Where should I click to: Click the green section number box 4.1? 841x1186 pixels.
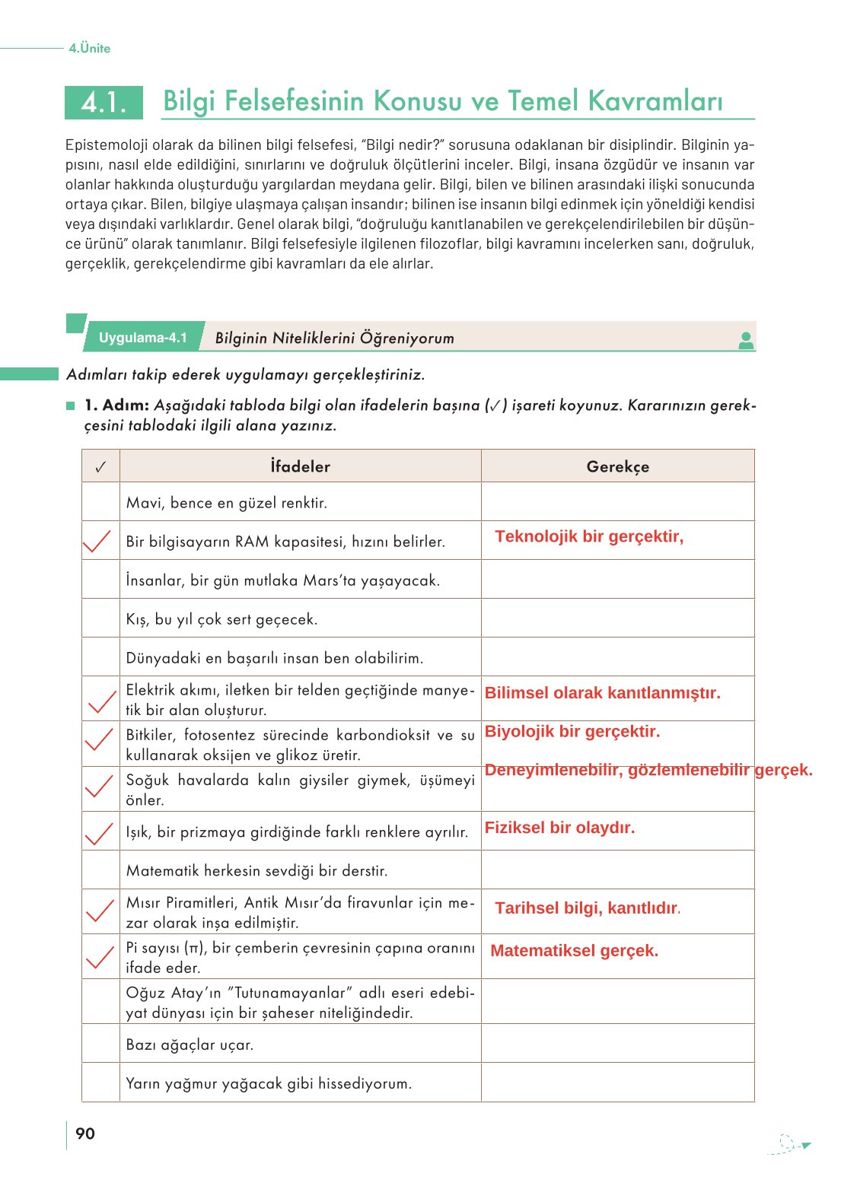(104, 103)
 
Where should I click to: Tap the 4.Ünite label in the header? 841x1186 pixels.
(89, 48)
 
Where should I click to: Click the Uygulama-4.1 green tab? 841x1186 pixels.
(143, 338)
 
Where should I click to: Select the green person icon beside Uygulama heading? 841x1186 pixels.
(746, 341)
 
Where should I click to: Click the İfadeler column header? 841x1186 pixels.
(300, 466)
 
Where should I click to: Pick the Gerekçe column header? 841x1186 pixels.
(617, 466)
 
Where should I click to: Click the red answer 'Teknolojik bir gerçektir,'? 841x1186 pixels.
(589, 536)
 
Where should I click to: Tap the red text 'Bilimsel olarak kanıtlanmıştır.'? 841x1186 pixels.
(602, 693)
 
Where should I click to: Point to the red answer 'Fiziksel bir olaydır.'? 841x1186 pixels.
(559, 828)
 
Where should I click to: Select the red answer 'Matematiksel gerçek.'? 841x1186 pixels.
(574, 951)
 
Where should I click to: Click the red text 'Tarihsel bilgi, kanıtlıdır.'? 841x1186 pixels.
(587, 908)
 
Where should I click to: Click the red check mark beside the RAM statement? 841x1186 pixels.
(97, 541)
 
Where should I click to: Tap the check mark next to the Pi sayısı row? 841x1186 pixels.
(100, 956)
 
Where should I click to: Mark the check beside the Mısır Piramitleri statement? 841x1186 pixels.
(100, 910)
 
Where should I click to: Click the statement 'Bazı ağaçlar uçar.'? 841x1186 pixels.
(190, 1045)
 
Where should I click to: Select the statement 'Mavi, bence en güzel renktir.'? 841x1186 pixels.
(226, 503)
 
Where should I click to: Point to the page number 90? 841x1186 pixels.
(85, 1134)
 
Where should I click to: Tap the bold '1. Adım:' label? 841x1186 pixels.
(116, 405)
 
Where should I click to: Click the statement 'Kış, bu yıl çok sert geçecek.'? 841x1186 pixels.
(221, 619)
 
